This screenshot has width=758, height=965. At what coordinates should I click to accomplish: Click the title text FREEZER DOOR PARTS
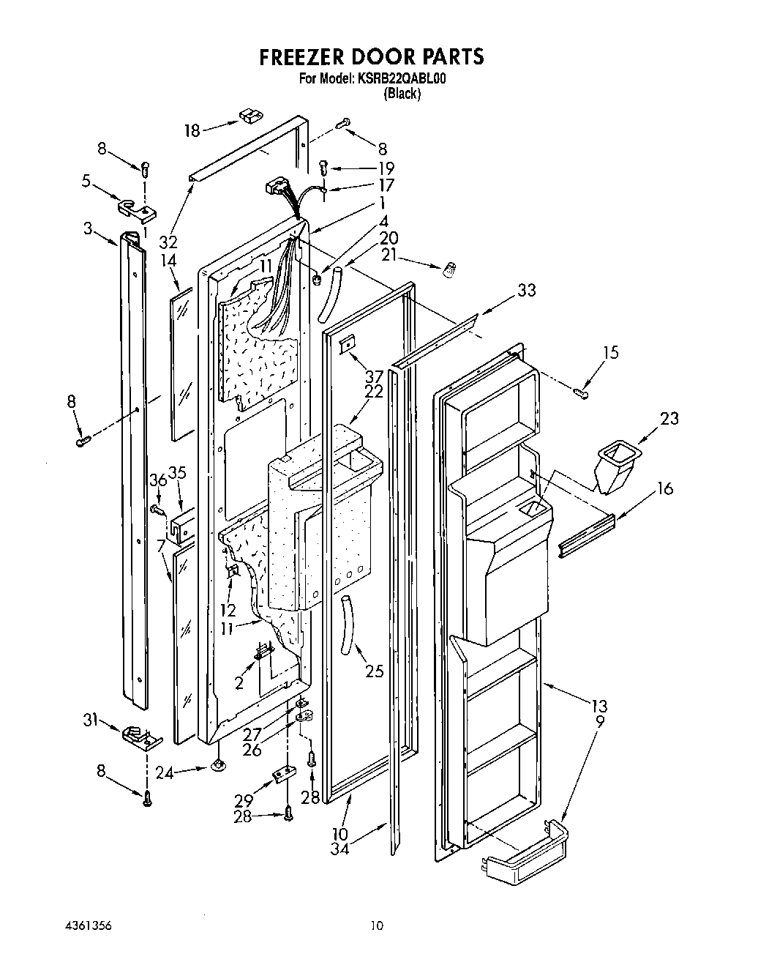[373, 57]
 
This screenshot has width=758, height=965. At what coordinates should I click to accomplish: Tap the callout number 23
[669, 418]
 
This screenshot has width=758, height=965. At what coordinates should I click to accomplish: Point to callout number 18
[192, 130]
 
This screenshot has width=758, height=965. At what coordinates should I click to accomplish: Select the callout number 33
[526, 290]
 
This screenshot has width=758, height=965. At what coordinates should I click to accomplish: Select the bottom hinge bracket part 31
[143, 737]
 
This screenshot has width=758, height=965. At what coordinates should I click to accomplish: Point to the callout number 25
[374, 671]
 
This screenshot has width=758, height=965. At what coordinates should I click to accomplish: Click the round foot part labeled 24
[218, 766]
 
